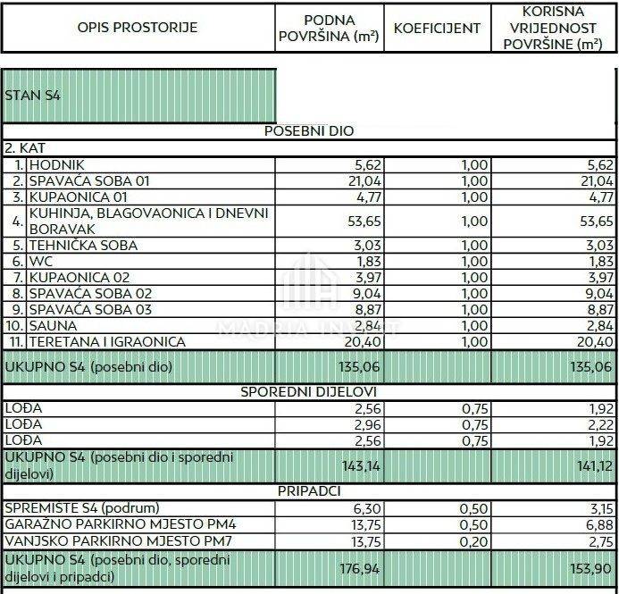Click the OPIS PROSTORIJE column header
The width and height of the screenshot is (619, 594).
click(138, 27)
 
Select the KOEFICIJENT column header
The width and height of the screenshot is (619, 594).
click(437, 28)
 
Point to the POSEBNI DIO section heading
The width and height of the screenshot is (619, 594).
click(309, 130)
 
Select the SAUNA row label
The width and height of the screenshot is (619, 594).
click(53, 325)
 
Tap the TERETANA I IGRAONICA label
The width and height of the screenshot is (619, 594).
click(107, 341)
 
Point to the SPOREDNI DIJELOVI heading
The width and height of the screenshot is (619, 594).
click(309, 391)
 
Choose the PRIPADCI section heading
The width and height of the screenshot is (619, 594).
click(309, 490)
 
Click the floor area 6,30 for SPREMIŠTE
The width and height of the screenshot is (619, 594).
click(367, 507)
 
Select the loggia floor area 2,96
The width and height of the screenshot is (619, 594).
click(367, 424)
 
